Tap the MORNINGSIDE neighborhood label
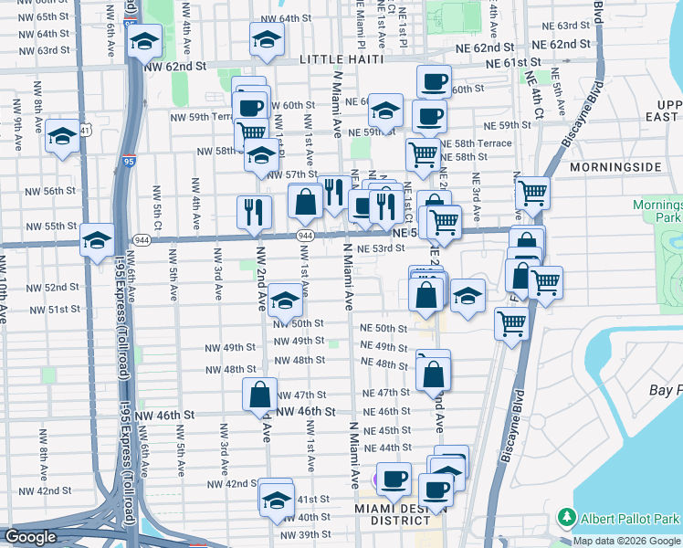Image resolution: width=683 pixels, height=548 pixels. pyautogui.click(x=615, y=168)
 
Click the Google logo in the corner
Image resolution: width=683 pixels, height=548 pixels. pyautogui.click(x=30, y=537)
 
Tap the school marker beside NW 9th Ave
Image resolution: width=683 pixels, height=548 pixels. pyautogui.click(x=62, y=137)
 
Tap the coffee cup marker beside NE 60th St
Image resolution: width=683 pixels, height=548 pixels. pyautogui.click(x=435, y=81)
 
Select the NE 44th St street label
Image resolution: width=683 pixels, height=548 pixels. pyautogui.click(x=388, y=448)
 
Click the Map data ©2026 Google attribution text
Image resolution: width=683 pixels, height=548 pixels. pyautogui.click(x=627, y=541)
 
